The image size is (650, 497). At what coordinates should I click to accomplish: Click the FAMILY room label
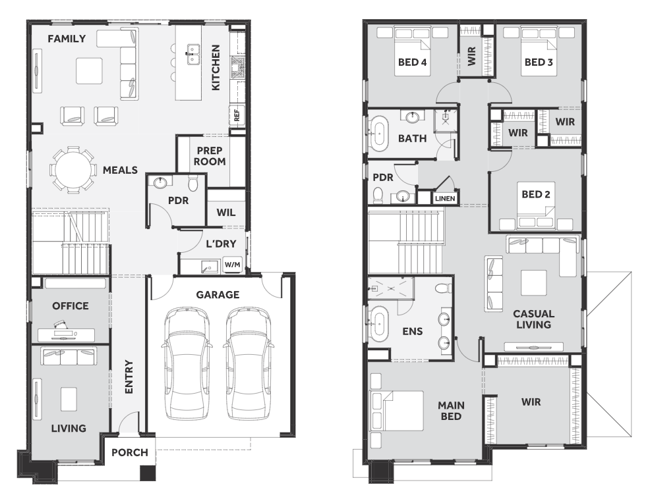point(67,39)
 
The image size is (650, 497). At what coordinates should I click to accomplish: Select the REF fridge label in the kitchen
point(237,115)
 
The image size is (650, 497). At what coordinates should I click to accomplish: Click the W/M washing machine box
point(233,265)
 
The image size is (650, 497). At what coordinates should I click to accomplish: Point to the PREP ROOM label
point(210,156)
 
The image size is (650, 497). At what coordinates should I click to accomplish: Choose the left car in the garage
point(187,363)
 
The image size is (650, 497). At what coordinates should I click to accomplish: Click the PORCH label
point(130,453)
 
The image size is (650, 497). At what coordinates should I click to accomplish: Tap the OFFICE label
point(70,306)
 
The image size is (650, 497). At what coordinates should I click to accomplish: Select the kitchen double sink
point(192,55)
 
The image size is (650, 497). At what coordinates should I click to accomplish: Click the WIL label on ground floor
point(226,213)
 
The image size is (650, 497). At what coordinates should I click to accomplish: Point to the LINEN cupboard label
point(445,199)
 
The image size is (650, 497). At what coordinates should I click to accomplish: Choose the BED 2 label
point(535,194)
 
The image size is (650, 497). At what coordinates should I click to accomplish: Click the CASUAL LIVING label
point(533,319)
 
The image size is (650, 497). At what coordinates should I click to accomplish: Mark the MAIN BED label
point(451,411)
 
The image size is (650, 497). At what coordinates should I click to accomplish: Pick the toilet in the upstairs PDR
point(378,196)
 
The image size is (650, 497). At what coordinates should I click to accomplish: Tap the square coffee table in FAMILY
point(89,70)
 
